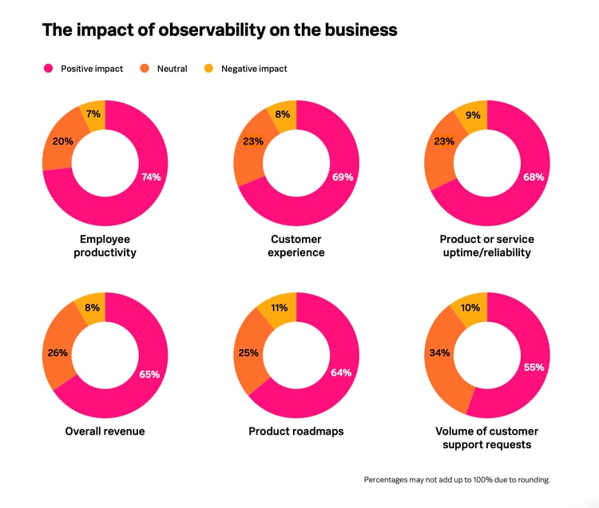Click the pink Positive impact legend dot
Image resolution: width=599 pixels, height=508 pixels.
tap(48, 69)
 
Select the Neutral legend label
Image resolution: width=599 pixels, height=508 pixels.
tap(172, 69)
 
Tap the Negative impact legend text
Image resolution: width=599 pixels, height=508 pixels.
tap(254, 69)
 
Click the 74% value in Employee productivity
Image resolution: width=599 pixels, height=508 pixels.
tap(151, 177)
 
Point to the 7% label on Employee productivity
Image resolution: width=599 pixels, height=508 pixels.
tap(93, 114)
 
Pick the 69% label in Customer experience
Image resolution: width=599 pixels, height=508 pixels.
tap(343, 177)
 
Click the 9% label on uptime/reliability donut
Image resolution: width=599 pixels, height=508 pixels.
tap(473, 115)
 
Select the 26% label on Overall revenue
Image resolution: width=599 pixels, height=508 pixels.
tap(58, 352)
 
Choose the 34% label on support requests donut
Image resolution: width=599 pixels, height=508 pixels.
tap(440, 352)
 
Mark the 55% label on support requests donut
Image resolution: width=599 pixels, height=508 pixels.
tap(534, 367)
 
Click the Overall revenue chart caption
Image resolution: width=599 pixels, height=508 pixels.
tap(105, 431)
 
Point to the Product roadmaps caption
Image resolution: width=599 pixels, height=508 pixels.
tap(296, 431)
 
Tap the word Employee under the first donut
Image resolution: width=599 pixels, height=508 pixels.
tap(105, 240)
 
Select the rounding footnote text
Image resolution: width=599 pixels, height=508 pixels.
tap(457, 480)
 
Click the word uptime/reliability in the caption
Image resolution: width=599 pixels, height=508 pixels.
tap(487, 253)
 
